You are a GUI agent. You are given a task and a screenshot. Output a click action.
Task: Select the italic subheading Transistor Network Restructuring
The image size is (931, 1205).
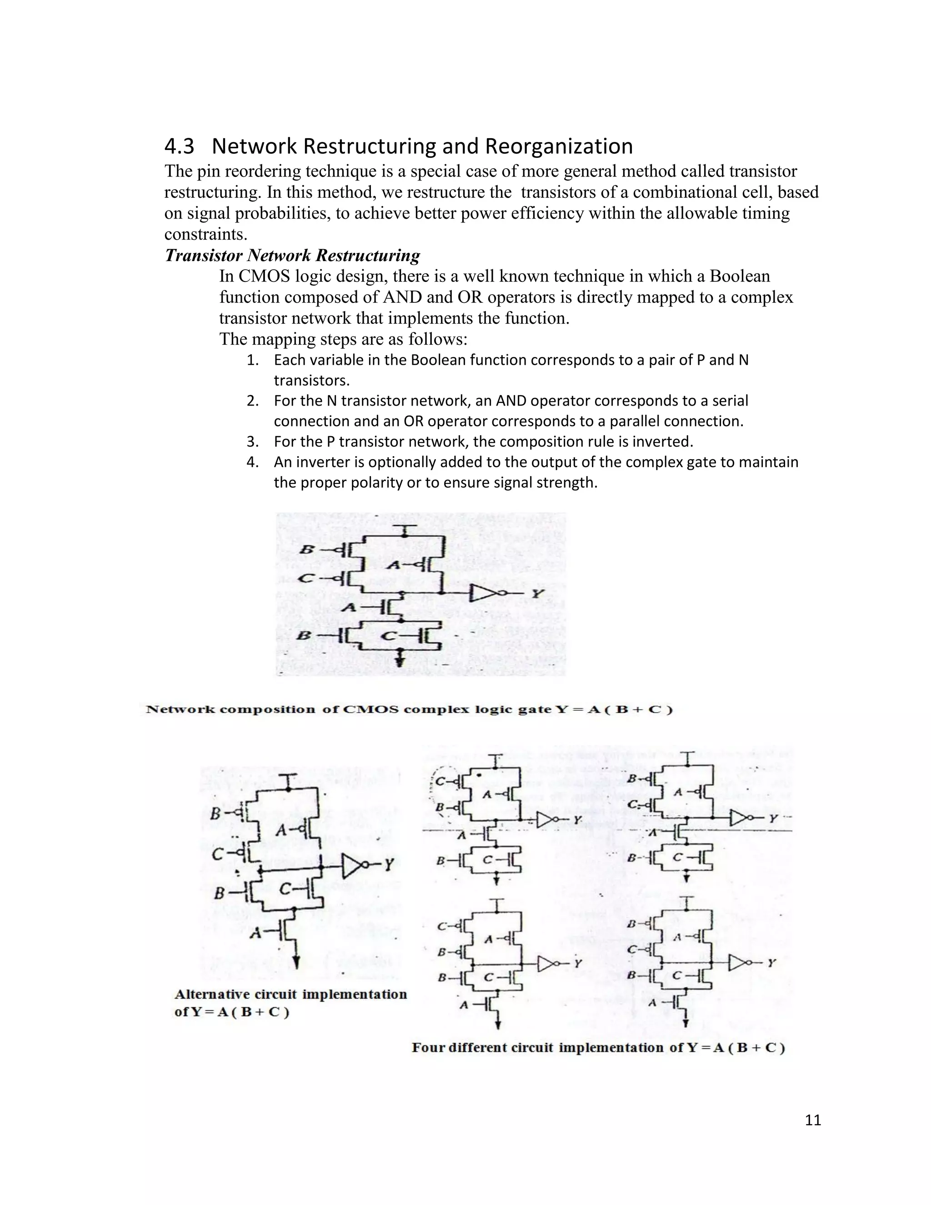tap(292, 256)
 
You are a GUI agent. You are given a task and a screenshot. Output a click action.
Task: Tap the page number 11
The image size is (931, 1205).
tap(813, 1120)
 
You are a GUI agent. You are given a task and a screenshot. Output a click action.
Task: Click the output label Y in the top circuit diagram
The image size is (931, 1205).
tap(538, 594)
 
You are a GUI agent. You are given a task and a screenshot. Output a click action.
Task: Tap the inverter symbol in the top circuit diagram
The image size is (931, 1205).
tap(484, 594)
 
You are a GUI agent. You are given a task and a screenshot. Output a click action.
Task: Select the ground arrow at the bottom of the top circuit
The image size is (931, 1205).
tap(401, 659)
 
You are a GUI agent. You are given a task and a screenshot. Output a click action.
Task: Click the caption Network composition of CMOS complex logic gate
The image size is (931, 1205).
tap(408, 709)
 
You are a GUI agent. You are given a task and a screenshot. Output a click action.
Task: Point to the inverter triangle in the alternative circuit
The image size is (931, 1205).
tap(352, 866)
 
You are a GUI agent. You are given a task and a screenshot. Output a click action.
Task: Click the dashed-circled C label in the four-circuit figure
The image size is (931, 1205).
tap(440, 781)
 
